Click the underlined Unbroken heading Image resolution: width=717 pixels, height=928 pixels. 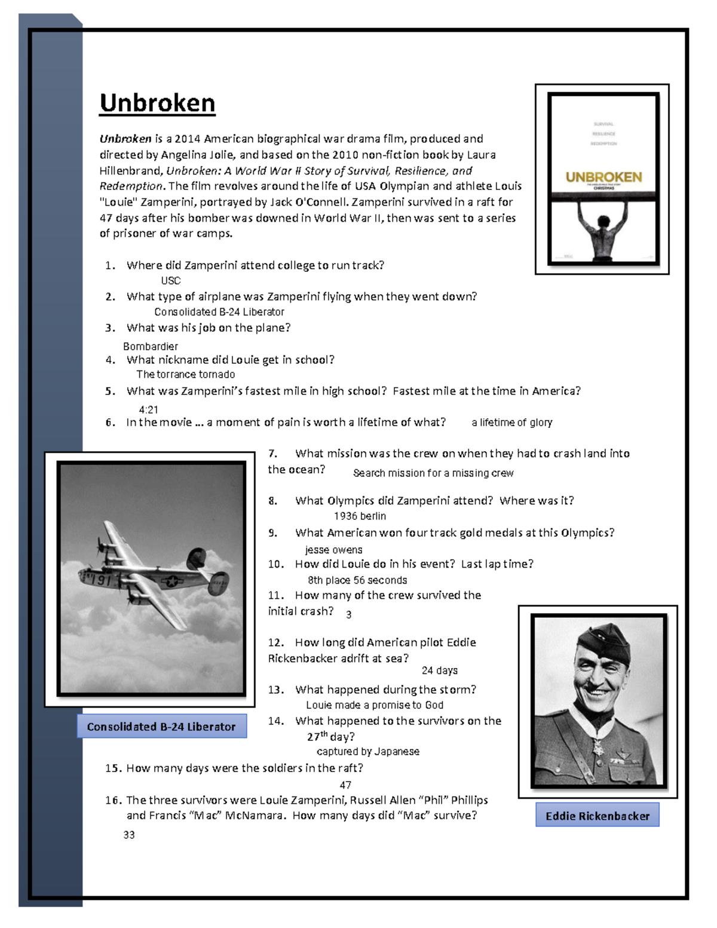coord(157,103)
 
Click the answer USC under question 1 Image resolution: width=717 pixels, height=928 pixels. coord(170,281)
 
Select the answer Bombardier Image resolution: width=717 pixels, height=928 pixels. coord(150,347)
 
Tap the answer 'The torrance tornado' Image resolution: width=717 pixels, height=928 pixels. coord(185,375)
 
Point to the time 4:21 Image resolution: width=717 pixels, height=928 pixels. coord(148,410)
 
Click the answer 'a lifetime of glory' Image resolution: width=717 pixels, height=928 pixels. coord(511,422)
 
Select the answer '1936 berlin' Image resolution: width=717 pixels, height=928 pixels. coord(360,516)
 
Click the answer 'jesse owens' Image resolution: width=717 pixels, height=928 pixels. coord(333,550)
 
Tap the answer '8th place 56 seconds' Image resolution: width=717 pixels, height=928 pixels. coord(357,580)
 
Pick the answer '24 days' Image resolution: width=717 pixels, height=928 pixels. coord(439,670)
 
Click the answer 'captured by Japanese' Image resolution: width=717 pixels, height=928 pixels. coord(367,752)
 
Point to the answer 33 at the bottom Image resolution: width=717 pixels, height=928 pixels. coord(129,835)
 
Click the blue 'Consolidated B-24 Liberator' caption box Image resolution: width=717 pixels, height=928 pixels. coord(161,727)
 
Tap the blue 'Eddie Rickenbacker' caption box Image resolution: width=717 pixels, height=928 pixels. coord(597,816)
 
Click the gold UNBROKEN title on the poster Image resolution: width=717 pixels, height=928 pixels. coord(603,177)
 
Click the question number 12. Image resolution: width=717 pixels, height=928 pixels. coord(275,643)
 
